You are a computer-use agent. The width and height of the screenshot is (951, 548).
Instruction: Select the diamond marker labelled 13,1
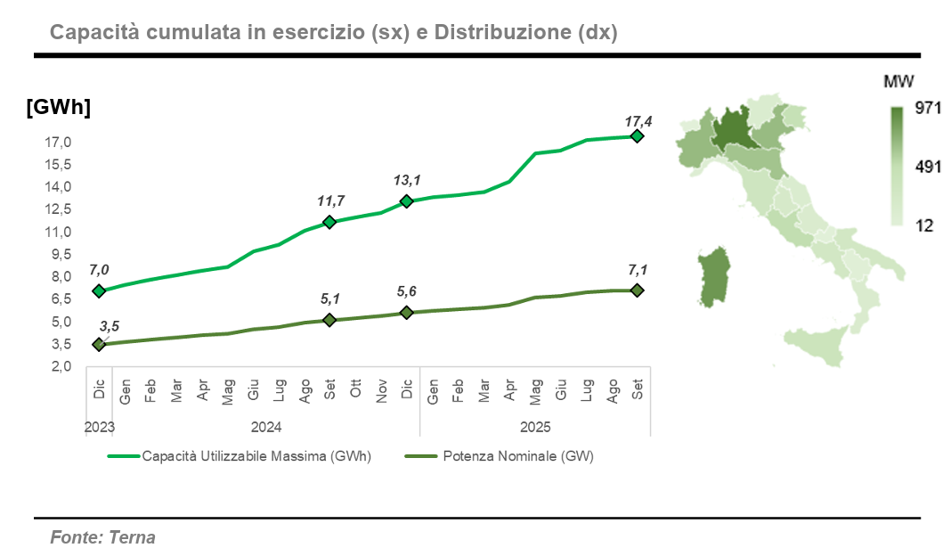(x=407, y=201)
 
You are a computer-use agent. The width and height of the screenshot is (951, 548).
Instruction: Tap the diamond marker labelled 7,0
(x=99, y=290)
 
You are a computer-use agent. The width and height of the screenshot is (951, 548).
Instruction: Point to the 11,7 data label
(x=330, y=200)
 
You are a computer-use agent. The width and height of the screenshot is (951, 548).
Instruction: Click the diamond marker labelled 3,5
(x=99, y=344)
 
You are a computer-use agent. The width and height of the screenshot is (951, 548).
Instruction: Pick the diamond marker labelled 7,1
(x=637, y=290)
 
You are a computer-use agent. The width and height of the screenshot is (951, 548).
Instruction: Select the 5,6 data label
(x=406, y=291)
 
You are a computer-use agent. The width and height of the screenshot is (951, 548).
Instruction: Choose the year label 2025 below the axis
(x=535, y=426)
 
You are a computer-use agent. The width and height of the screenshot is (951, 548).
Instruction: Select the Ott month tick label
(x=356, y=393)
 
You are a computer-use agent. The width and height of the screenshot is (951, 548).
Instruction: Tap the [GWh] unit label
(x=59, y=107)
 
